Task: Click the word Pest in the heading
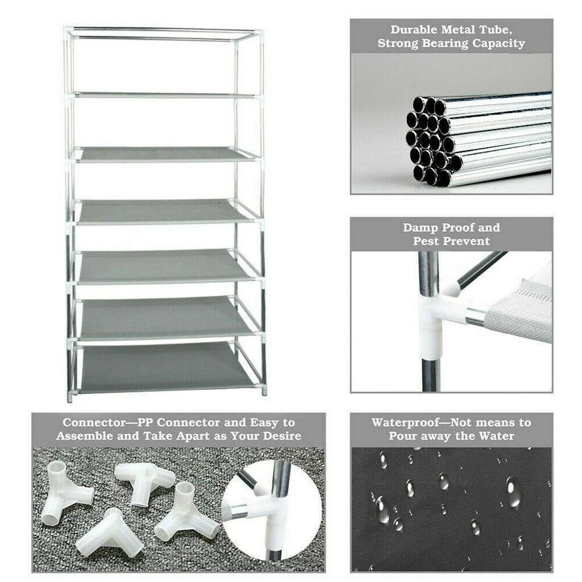click(425, 241)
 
